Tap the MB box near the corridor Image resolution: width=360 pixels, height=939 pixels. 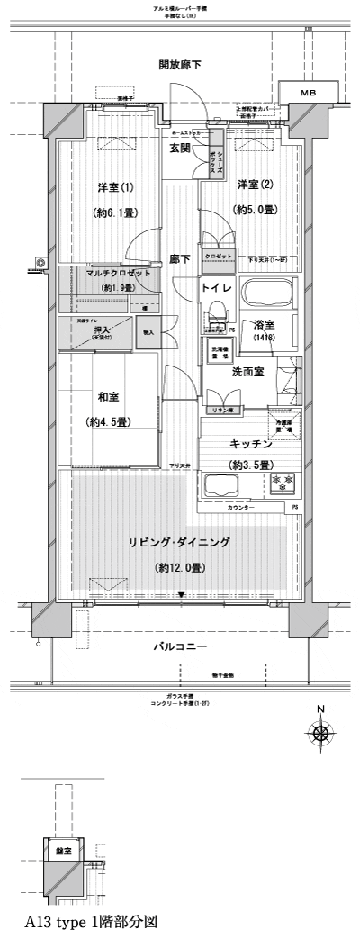coord(308,94)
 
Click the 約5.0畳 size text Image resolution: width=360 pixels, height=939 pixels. coord(256,209)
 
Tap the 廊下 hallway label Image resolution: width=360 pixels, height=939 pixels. coord(180,259)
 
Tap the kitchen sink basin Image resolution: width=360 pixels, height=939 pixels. coord(221,486)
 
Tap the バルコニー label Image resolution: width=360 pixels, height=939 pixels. coord(179,646)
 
